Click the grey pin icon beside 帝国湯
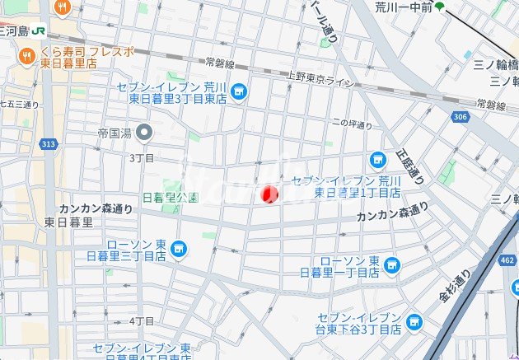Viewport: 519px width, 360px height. [x=145, y=132]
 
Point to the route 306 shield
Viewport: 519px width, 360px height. [x=461, y=119]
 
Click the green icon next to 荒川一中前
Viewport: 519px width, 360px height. [x=439, y=7]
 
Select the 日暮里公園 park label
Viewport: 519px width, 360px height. [x=170, y=198]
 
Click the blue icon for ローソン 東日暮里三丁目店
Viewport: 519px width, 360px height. [x=179, y=248]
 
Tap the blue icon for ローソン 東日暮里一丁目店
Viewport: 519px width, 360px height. [x=391, y=264]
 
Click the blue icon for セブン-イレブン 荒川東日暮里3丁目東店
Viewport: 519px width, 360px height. [x=239, y=91]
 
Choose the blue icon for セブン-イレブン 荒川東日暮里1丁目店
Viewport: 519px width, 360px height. [x=377, y=159]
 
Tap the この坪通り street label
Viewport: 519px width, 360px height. [x=352, y=125]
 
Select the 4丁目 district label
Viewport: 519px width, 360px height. [x=143, y=320]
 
